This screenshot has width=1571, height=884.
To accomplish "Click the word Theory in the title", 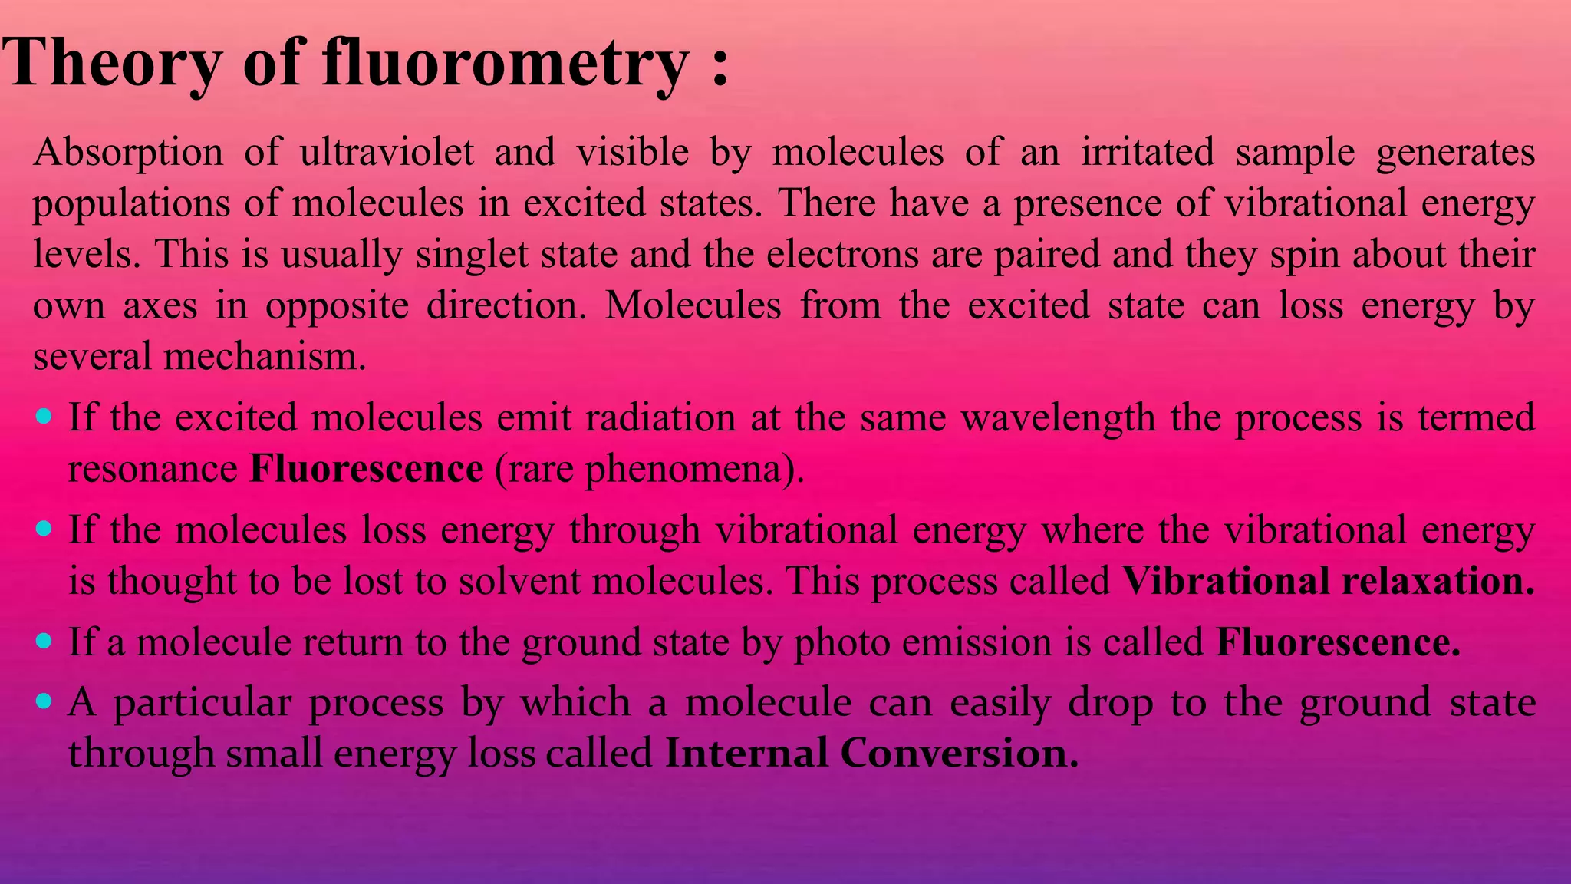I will point(110,63).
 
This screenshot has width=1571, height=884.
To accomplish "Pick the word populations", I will point(131,204).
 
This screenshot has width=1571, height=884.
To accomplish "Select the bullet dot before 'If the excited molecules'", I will point(44,417).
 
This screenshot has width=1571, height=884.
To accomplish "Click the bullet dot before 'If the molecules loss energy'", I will point(44,529).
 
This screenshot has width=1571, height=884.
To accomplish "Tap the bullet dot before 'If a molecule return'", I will point(44,641).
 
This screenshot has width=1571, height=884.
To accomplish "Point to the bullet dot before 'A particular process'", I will point(44,701).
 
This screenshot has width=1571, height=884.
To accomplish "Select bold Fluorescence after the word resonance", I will point(367,469).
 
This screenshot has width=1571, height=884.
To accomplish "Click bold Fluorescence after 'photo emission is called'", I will point(1338,642).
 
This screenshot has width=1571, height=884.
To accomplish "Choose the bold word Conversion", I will point(959,754).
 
